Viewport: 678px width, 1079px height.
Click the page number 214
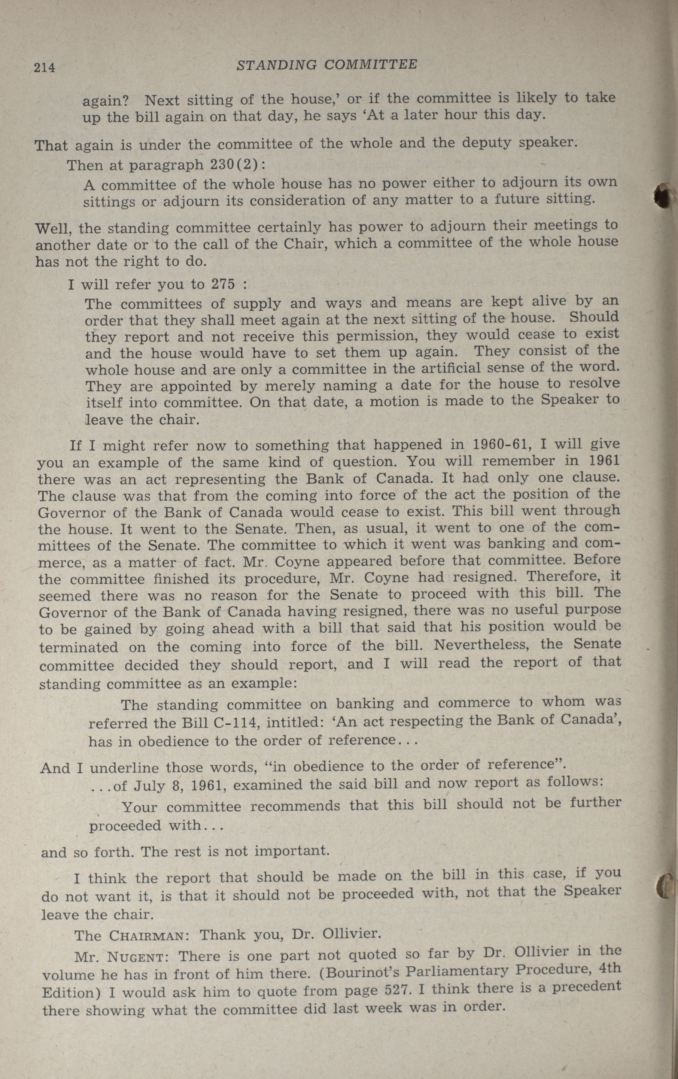pyautogui.click(x=44, y=67)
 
